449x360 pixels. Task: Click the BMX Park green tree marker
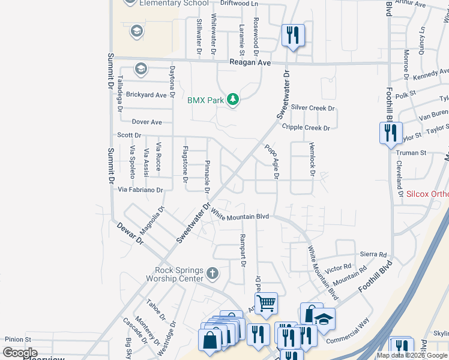pos(233,100)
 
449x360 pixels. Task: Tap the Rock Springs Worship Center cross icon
pos(212,274)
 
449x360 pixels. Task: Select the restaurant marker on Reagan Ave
pos(293,35)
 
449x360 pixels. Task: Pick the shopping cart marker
pos(266,302)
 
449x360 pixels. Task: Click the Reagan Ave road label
pos(250,63)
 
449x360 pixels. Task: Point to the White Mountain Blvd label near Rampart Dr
pos(240,217)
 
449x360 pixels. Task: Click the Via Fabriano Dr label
pos(140,190)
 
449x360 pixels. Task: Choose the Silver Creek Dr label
pos(313,108)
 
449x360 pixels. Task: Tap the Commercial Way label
pos(348,330)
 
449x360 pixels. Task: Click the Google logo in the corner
pos(20,353)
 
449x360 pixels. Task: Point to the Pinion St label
pos(18,340)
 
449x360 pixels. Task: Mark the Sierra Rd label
pos(373,254)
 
